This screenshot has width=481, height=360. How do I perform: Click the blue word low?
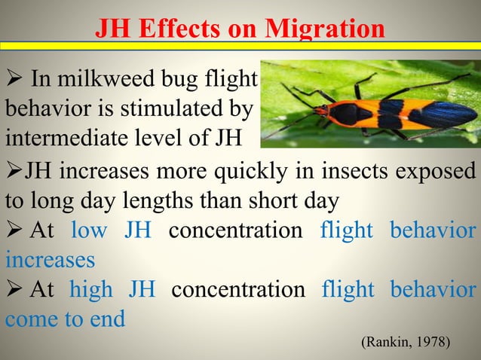tap(89, 230)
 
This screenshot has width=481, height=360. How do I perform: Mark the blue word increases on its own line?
tap(50, 260)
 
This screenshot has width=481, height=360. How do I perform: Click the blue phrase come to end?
tap(65, 319)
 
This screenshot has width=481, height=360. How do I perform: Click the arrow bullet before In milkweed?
tap(14, 78)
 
